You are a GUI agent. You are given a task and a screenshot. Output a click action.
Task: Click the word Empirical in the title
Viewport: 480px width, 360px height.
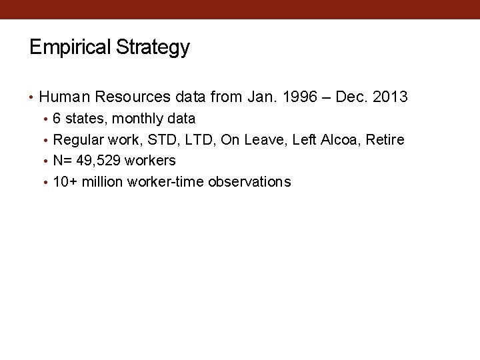(x=71, y=47)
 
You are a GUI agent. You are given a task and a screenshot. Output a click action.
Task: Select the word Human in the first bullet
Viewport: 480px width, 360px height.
(x=65, y=97)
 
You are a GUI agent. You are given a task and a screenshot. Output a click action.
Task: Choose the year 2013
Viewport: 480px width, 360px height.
(x=390, y=97)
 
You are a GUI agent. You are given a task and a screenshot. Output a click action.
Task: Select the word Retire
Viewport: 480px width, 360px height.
(x=385, y=139)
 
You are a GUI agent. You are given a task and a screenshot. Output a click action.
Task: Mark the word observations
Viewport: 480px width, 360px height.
(x=249, y=182)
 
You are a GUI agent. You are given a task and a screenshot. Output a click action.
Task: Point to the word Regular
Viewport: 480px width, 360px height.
(x=75, y=139)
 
